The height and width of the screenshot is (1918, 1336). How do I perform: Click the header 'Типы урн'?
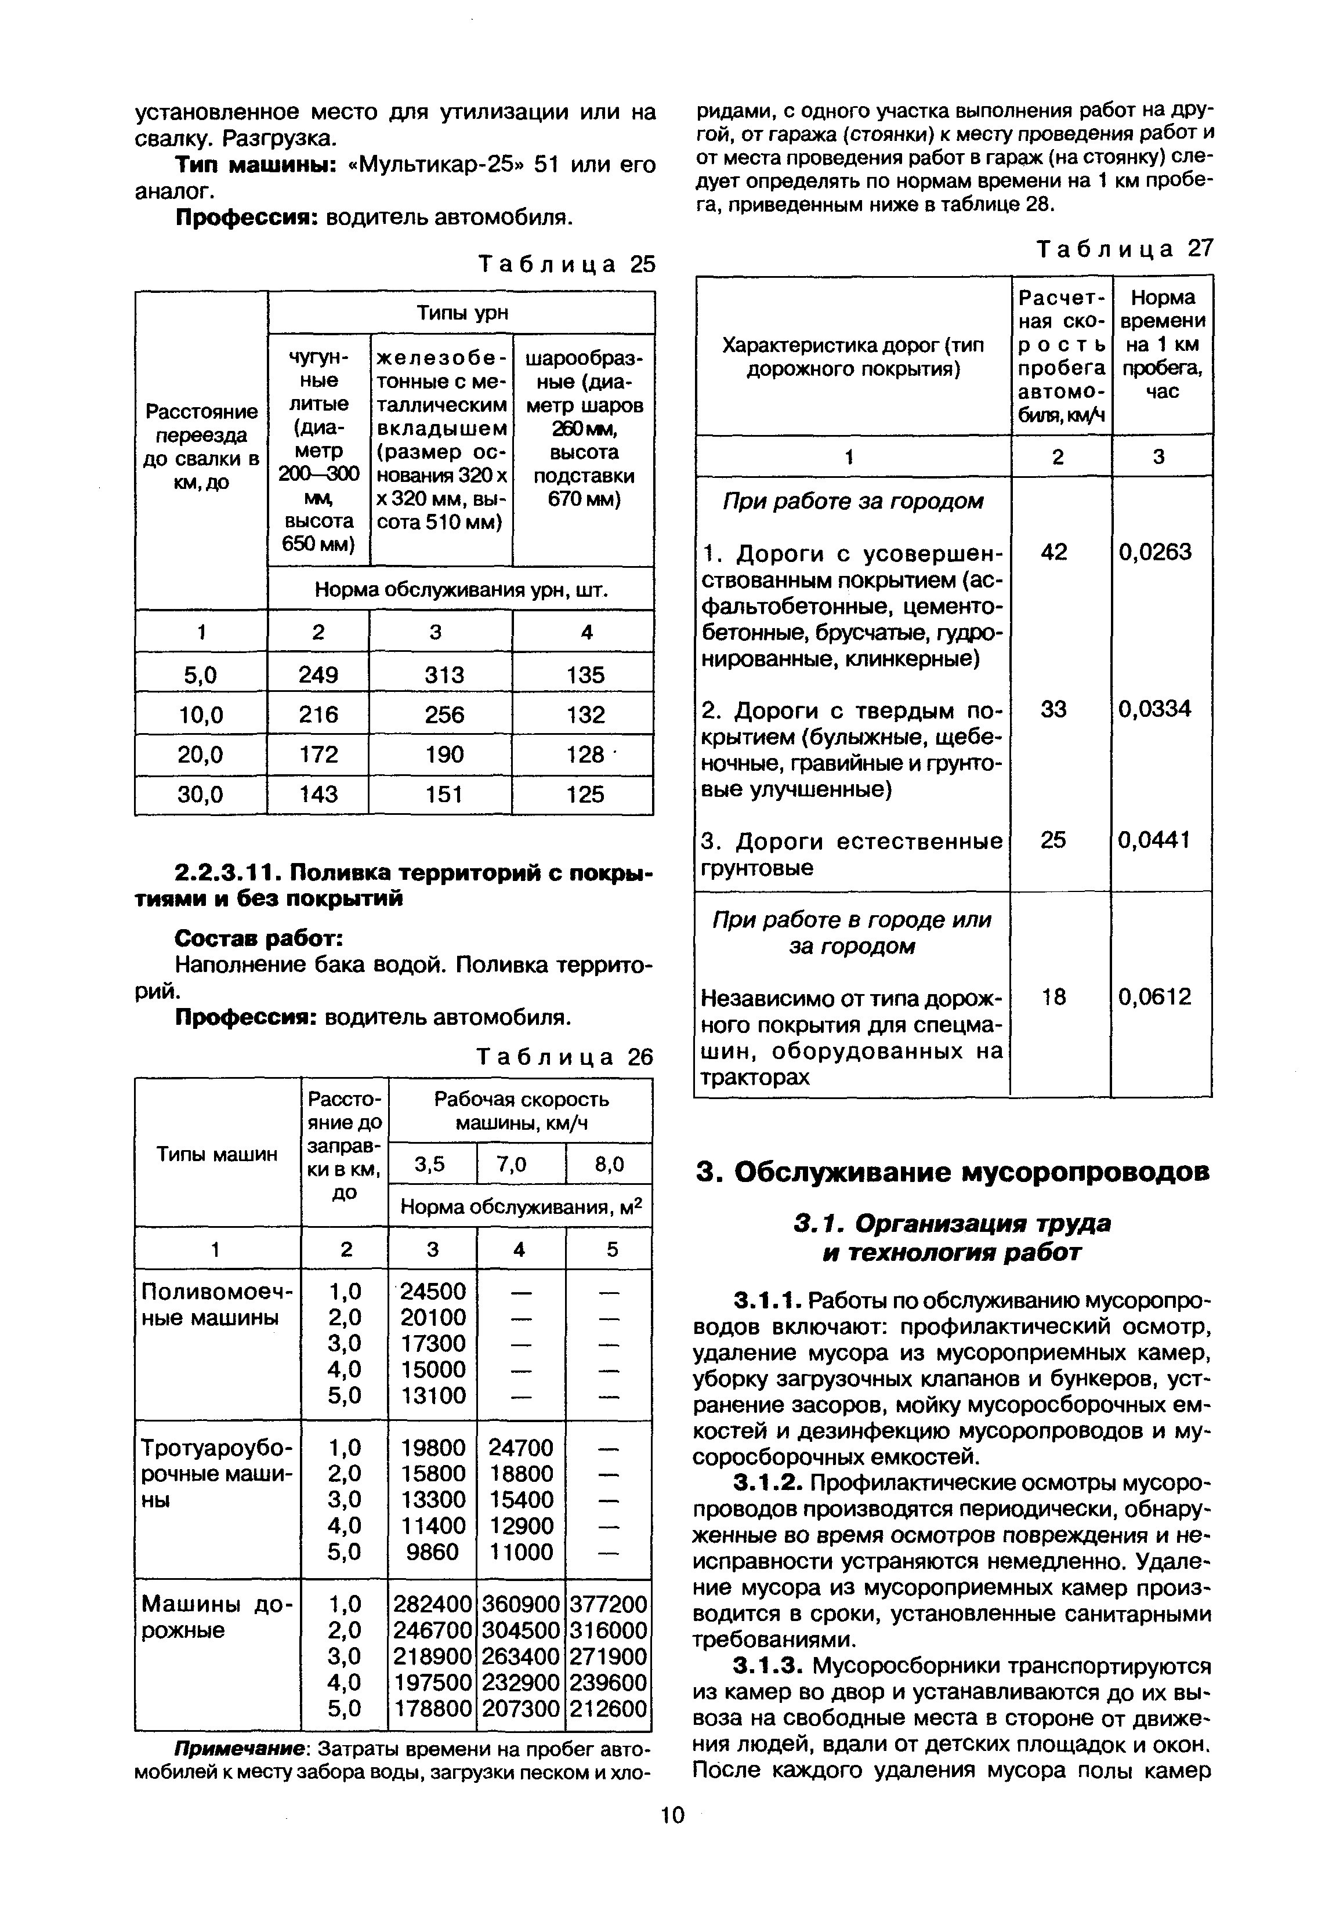pos(462,313)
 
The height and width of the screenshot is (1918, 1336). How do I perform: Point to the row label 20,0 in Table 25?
pos(201,755)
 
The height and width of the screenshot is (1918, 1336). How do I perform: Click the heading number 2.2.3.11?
pos(226,872)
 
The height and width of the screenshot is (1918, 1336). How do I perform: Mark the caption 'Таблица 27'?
pos(1123,248)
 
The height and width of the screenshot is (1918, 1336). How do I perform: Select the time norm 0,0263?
pos(1154,552)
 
